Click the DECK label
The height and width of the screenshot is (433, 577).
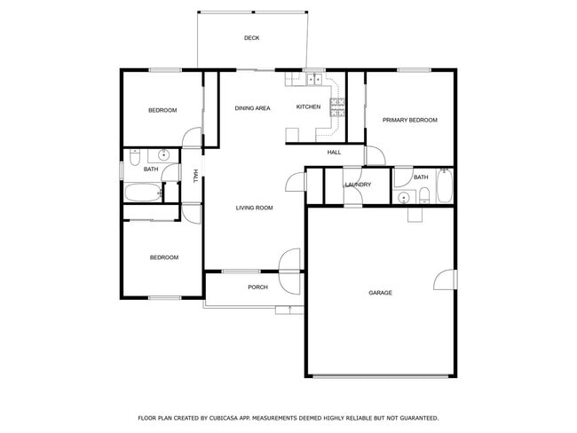252,38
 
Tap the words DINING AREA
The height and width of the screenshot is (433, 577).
252,108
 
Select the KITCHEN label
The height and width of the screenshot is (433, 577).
308,107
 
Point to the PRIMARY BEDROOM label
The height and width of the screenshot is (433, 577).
410,120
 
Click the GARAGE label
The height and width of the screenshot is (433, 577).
381,293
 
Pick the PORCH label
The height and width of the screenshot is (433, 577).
257,287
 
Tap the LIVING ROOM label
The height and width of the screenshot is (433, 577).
254,208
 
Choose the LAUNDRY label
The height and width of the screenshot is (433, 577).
358,185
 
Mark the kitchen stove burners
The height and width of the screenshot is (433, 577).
337,107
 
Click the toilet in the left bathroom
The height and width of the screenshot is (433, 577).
135,158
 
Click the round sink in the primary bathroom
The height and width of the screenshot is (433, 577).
404,197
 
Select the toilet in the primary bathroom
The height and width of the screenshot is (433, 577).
424,197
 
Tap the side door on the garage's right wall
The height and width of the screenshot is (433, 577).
439,280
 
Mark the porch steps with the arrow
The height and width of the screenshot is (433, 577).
289,309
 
